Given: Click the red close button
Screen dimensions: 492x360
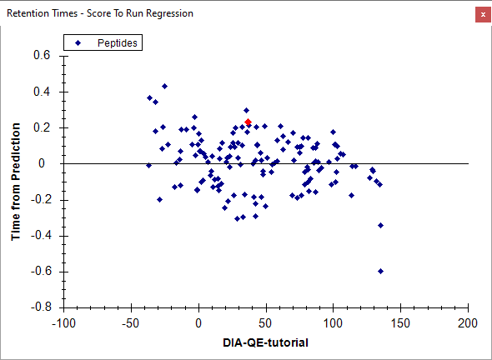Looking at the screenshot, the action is click(483, 14).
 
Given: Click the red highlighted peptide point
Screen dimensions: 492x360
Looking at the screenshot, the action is click(248, 122).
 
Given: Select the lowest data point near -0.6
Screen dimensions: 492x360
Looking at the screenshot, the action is click(380, 272).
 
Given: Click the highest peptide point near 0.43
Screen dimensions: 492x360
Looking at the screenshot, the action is click(164, 86).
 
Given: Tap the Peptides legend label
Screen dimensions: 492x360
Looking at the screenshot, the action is click(118, 43).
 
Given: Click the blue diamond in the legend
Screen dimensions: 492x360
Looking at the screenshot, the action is click(78, 43).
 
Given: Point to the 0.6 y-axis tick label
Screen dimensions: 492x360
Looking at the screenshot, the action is click(42, 55).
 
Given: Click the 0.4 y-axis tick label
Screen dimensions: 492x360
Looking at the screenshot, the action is click(42, 92).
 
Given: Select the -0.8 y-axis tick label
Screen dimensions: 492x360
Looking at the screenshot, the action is click(41, 307).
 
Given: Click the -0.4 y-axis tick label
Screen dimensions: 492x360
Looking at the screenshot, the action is click(41, 236).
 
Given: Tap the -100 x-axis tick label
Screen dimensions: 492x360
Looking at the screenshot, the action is click(63, 323).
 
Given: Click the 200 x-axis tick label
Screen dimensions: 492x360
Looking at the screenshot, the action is click(468, 323).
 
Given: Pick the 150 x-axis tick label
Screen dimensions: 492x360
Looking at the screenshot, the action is click(400, 323).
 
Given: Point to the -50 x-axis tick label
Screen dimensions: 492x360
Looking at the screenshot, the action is click(131, 323).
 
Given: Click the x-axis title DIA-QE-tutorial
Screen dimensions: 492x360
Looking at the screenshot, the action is click(265, 342).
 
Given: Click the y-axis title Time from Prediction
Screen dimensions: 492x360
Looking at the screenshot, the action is click(16, 182).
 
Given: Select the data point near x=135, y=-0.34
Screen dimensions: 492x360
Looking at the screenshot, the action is click(380, 226).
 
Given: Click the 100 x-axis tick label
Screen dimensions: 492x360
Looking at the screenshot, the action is click(333, 323).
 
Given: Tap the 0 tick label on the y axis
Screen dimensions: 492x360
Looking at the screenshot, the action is click(42, 163).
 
